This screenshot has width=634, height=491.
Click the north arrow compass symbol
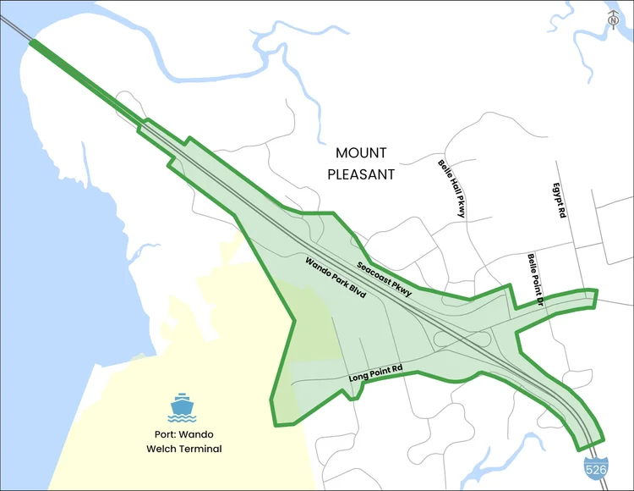(x=614, y=19)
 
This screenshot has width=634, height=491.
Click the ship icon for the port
(x=182, y=407)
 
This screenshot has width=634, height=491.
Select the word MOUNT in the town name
(x=361, y=153)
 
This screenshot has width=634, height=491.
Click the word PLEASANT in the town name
(x=361, y=174)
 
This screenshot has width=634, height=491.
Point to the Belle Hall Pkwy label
(x=451, y=188)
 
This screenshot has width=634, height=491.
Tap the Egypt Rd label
(x=558, y=201)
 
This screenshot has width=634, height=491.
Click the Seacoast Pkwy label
(x=384, y=279)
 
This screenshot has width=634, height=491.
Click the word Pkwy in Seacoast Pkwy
(x=401, y=290)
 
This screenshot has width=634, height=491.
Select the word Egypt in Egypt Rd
(x=558, y=194)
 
